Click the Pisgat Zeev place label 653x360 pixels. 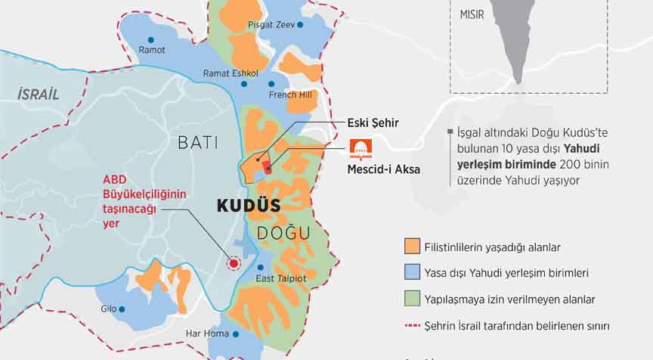(x=271, y=25)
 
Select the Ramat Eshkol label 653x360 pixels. (x=231, y=73)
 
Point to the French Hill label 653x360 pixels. (x=290, y=95)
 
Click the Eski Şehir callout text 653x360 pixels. (x=373, y=122)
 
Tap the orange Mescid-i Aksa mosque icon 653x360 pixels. (x=359, y=148)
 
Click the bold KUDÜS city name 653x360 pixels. (x=249, y=206)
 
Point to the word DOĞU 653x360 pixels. (x=283, y=233)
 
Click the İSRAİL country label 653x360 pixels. (x=38, y=95)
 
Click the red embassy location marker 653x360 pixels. (x=234, y=263)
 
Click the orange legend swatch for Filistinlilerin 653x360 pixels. (x=412, y=247)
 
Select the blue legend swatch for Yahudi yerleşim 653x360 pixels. (x=412, y=272)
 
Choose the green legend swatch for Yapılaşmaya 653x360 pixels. (x=412, y=299)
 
